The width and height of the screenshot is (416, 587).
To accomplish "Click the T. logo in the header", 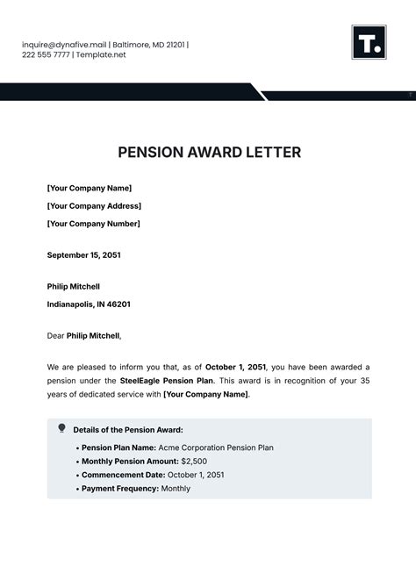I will tap(369, 42).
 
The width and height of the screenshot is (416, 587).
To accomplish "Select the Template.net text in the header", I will tap(102, 54).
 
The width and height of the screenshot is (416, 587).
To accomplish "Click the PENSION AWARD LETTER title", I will tap(209, 153).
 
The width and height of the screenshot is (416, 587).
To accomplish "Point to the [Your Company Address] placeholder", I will tap(94, 206).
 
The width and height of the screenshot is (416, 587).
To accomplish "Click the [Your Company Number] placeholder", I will tap(93, 224).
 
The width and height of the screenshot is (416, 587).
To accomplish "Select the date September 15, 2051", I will tap(83, 255).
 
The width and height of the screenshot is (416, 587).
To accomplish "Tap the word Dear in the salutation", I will tap(55, 335).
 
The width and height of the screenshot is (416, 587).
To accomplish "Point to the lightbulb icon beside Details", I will tap(61, 428).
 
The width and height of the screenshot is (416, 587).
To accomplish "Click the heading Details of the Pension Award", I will tap(128, 430).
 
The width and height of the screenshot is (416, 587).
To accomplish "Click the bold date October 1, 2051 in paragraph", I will tap(236, 366).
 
